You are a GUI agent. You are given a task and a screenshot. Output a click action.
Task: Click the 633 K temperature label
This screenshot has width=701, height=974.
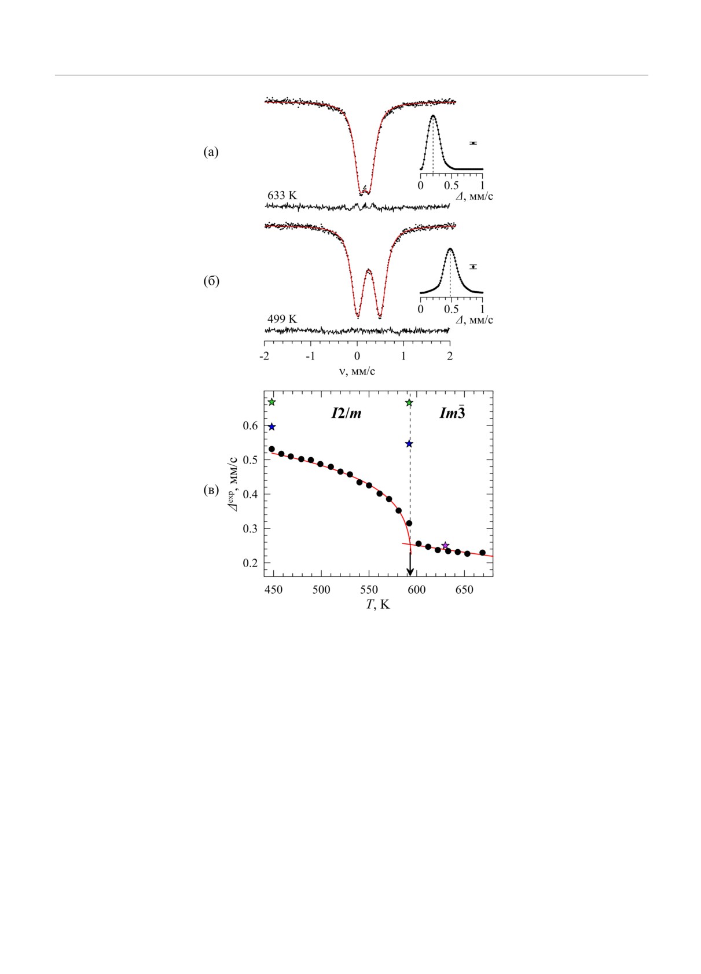(x=282, y=196)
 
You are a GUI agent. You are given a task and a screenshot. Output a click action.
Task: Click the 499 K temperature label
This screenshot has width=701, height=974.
(x=282, y=319)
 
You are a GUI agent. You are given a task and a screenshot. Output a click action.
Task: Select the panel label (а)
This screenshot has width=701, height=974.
(x=211, y=152)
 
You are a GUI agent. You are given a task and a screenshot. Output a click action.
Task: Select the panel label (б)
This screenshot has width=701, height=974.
(x=211, y=281)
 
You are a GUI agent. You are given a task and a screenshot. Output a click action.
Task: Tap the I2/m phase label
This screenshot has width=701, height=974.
(x=346, y=413)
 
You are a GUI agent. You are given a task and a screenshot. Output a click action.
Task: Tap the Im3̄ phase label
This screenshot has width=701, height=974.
(x=452, y=413)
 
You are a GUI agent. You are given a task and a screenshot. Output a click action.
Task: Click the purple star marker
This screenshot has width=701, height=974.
(x=445, y=546)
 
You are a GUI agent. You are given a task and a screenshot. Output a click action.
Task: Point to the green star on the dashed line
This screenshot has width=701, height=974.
(x=409, y=403)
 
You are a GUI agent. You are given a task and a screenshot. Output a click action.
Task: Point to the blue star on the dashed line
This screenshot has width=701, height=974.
(x=409, y=444)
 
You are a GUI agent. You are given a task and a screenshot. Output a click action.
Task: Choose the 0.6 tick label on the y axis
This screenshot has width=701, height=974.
(x=251, y=426)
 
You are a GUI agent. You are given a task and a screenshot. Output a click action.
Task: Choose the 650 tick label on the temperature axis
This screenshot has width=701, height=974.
(x=464, y=590)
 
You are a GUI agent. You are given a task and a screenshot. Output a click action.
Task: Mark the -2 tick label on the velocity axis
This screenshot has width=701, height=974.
(x=264, y=356)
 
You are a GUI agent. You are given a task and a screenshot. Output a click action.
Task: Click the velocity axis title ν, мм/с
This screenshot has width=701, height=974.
(x=357, y=372)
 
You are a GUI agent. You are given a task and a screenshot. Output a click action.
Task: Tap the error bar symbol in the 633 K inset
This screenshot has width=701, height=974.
(x=473, y=143)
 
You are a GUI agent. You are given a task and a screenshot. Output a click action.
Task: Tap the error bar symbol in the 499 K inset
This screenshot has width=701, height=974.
(x=473, y=267)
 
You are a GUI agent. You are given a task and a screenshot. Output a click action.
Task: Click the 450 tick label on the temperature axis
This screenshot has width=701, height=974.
(x=273, y=590)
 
